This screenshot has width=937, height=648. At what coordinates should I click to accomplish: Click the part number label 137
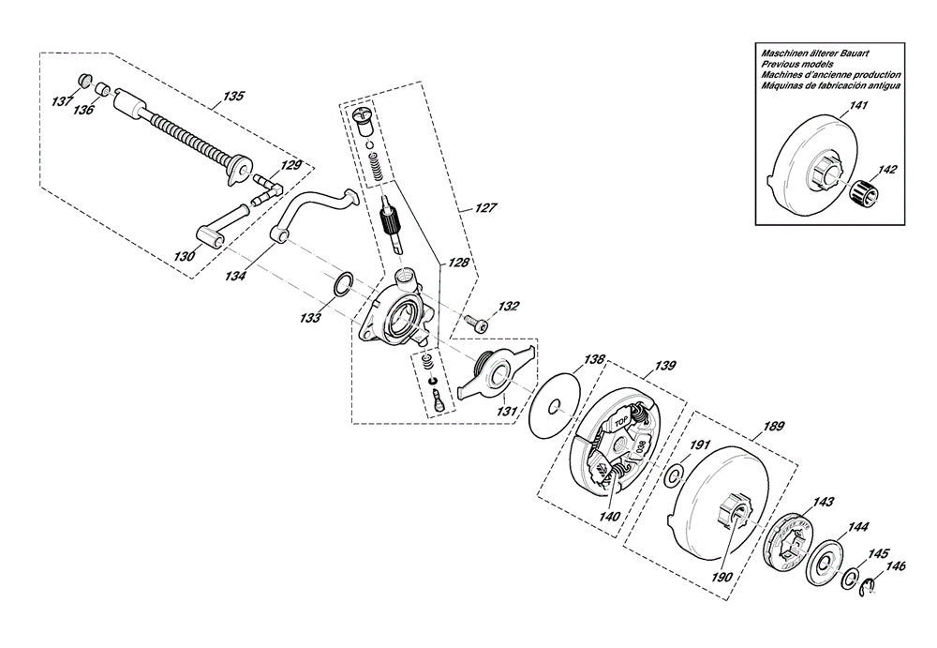point(62,100)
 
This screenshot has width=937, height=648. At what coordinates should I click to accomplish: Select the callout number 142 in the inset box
point(886,170)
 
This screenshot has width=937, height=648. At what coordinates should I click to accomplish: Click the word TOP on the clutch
point(617,421)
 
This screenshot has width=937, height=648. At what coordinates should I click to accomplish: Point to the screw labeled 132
point(476,324)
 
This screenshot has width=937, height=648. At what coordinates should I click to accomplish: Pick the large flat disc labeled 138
point(555,406)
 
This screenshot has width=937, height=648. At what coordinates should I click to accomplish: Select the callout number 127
point(485,207)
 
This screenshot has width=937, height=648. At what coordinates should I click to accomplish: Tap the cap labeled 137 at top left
point(85,80)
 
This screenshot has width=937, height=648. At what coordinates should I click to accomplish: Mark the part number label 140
point(610,517)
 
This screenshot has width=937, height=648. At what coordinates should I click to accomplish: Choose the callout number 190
point(721,577)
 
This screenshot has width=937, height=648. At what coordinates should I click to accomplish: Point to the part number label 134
point(236,276)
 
